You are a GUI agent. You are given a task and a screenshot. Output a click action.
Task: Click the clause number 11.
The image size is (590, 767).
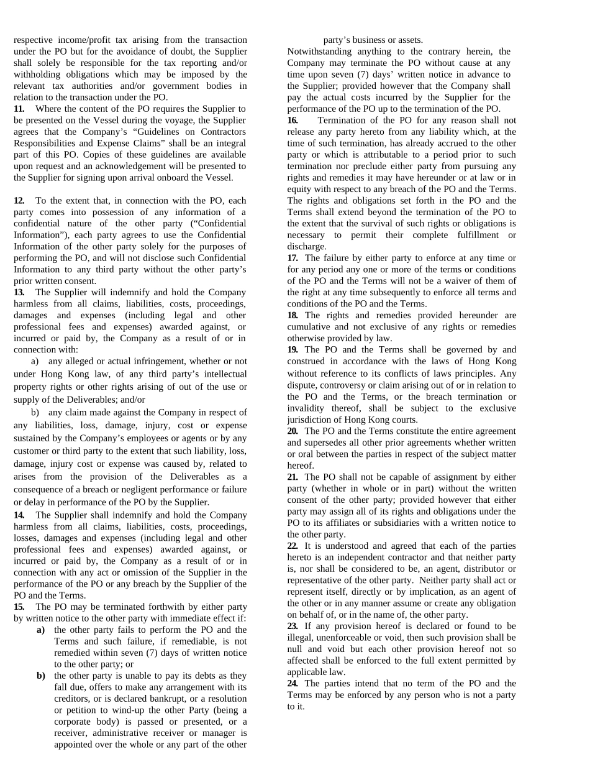click(19, 109)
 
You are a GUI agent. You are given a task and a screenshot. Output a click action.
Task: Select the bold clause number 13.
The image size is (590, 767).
click(19, 292)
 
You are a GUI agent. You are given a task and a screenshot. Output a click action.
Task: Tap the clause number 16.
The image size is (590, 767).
click(293, 121)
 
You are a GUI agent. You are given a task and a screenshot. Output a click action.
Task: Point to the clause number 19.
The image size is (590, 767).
click(293, 350)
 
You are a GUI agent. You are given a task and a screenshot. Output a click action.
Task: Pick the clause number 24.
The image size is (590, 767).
click(293, 684)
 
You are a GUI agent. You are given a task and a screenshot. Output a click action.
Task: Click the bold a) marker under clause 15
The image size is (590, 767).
click(41, 630)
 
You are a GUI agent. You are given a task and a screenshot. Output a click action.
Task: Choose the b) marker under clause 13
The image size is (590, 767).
click(35, 413)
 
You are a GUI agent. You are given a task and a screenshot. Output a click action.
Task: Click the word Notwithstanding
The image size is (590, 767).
click(319, 52)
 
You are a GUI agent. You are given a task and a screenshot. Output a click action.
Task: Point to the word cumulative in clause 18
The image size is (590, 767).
click(309, 327)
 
